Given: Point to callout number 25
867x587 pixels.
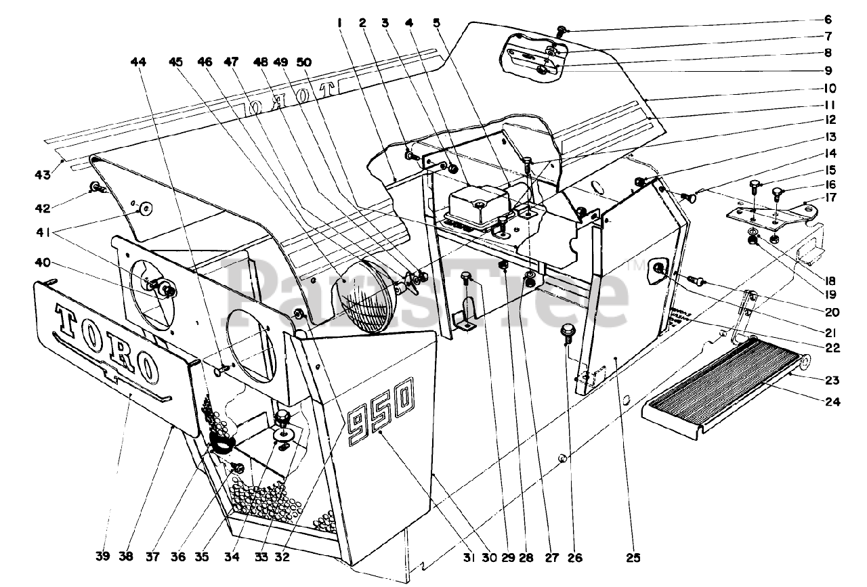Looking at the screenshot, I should coord(633,558).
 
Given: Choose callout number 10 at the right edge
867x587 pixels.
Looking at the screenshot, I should coord(830,88).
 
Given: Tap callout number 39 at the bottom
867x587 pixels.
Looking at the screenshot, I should coord(102,557).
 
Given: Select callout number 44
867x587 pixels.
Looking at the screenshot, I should coord(138,62).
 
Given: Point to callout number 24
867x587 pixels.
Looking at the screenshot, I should coord(831,401).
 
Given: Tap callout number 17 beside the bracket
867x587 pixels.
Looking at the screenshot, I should coord(831,198).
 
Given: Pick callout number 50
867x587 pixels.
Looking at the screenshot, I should coord(304,62).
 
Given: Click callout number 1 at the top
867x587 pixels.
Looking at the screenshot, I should coord(339,22).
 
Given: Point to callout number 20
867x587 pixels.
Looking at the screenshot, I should coord(831,312).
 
